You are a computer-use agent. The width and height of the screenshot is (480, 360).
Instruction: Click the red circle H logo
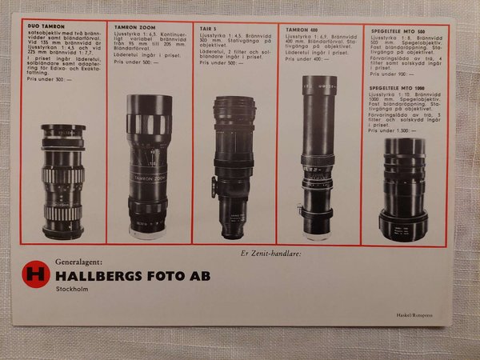point(34,274)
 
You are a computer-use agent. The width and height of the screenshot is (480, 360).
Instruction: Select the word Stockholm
point(72,292)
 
